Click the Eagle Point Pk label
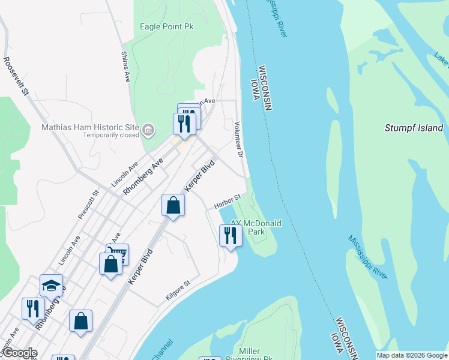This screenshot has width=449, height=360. (x=167, y=26)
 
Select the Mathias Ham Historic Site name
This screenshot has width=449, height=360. (x=90, y=127)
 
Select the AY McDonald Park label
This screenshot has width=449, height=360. (x=256, y=227)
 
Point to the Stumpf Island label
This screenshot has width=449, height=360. (x=414, y=128)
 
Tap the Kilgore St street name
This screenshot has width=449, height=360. (x=178, y=289)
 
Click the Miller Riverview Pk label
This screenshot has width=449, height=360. (x=249, y=355)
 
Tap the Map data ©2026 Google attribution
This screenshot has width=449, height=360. (x=412, y=355)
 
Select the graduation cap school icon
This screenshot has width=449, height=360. (x=52, y=285)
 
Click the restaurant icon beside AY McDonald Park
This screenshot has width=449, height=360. (x=231, y=235)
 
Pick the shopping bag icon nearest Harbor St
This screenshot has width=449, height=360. (x=173, y=205)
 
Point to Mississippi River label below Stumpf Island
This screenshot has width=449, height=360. (x=367, y=256)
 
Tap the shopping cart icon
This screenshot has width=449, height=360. (x=117, y=253)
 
